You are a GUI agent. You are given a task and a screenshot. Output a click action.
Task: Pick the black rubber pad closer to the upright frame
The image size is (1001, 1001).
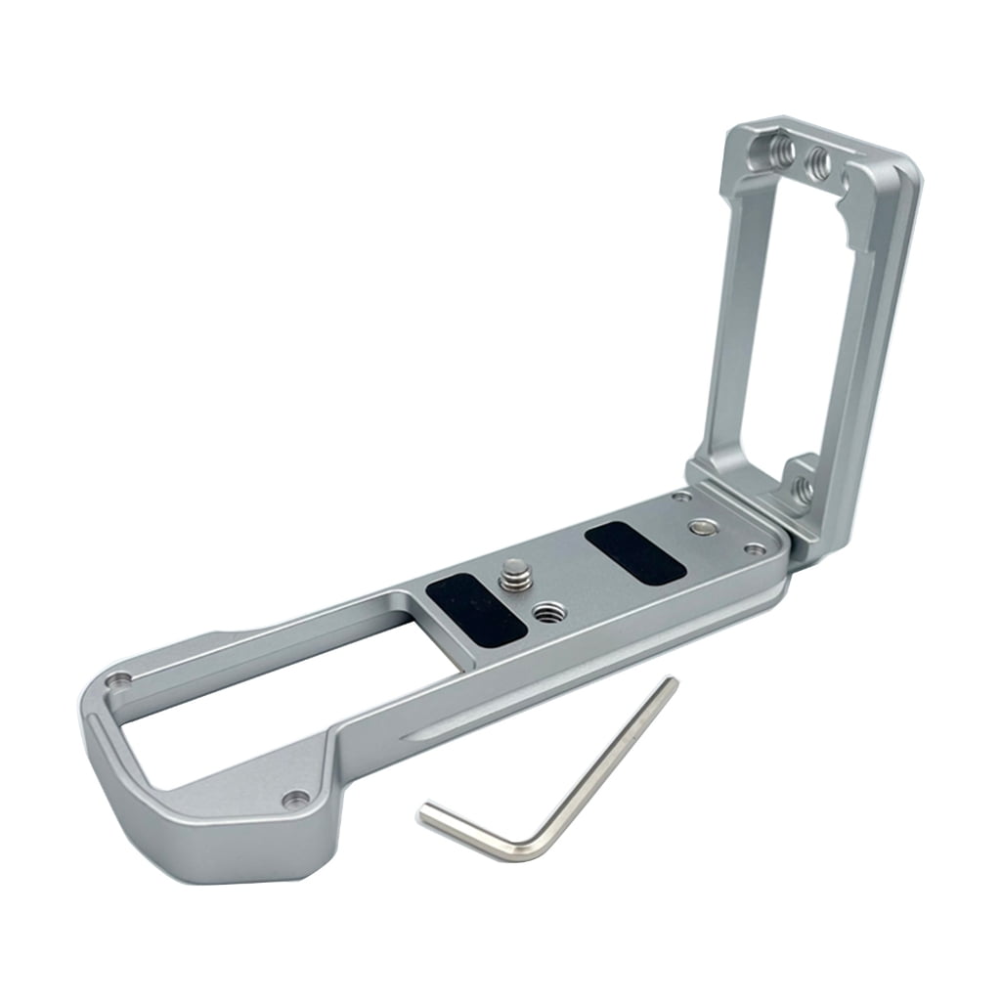[x=634, y=553]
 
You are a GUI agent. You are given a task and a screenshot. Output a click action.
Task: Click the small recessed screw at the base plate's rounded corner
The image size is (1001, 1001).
[x=754, y=549]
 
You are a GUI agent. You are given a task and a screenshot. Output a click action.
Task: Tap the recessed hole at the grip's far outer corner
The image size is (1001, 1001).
[x=119, y=679]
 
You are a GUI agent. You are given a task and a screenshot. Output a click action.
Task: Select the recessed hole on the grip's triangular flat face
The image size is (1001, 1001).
[x=294, y=799]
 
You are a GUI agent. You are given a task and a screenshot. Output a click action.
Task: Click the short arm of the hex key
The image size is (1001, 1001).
[x=464, y=829]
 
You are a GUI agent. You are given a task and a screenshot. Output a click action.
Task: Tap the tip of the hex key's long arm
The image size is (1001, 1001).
[x=671, y=683]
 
